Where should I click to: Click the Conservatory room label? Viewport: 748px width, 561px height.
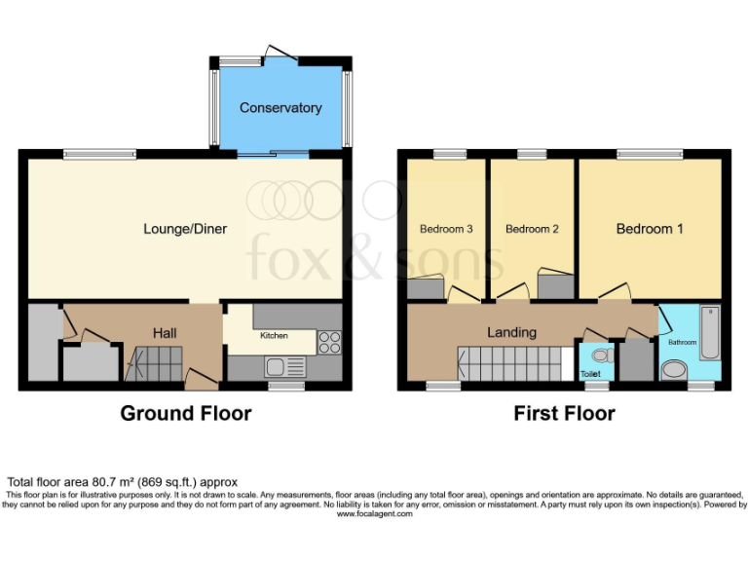click(x=280, y=107)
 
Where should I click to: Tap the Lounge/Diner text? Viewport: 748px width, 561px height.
click(x=185, y=229)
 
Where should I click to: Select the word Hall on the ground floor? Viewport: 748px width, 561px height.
click(x=164, y=333)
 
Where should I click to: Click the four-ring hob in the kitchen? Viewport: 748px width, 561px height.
click(x=329, y=343)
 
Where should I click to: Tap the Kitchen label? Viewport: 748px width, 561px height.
click(x=273, y=336)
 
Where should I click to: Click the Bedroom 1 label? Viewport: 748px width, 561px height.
click(x=649, y=229)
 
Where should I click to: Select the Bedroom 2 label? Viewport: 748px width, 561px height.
click(x=532, y=229)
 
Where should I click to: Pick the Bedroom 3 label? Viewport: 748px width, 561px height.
click(x=446, y=229)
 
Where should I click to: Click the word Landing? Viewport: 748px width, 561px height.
click(x=511, y=332)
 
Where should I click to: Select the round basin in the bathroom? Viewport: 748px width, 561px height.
click(x=673, y=371)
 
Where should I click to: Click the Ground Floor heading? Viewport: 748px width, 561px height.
click(x=185, y=413)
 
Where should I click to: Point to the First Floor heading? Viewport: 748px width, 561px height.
click(x=564, y=413)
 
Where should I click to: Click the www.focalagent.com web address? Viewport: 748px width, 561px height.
click(x=374, y=513)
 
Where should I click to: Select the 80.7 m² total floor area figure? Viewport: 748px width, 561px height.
click(x=106, y=482)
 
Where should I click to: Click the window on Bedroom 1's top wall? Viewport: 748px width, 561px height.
click(x=649, y=153)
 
